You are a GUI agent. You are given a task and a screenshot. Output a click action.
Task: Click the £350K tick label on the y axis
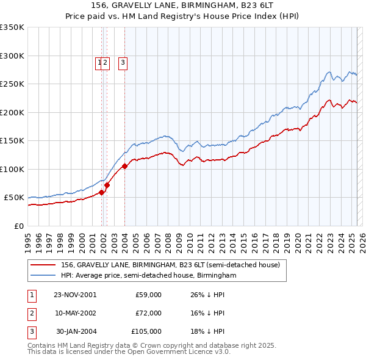tap(12, 27)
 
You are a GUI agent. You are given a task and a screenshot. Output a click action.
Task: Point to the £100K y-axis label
tap(12, 169)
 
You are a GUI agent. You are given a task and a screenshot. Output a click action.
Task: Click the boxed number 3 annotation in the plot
tap(123, 62)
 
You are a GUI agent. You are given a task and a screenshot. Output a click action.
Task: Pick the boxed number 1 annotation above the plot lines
tap(98, 62)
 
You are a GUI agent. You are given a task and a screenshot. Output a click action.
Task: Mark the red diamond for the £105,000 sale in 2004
tap(124, 166)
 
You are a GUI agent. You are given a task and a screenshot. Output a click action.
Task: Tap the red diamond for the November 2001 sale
tap(101, 192)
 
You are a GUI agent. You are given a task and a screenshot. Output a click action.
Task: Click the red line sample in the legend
tap(44, 265)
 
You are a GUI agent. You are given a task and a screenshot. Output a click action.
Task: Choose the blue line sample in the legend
tap(44, 276)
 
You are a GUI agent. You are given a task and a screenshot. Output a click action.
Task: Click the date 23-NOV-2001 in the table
tap(75, 295)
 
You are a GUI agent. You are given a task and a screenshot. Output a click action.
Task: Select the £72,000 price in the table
tap(148, 313)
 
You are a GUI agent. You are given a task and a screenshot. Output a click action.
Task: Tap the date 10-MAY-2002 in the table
tap(75, 313)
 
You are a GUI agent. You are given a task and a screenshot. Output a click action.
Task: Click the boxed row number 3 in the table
tap(31, 331)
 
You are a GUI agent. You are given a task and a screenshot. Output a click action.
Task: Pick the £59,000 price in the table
tap(148, 295)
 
